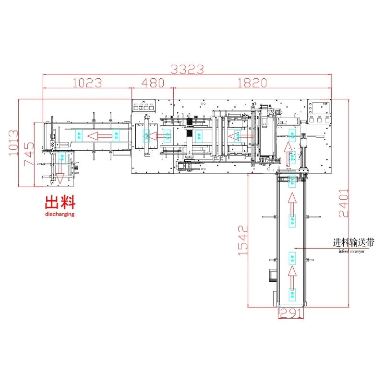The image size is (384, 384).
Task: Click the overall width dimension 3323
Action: tap(188, 69)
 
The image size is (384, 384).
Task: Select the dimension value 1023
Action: tap(87, 83)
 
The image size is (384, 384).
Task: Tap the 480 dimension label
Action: tap(152, 83)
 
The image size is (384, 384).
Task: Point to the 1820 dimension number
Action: tap(252, 83)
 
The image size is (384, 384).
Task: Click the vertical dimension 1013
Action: tap(13, 143)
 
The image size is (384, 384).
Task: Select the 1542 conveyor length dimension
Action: tap(243, 240)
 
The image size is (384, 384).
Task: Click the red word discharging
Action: tap(60, 215)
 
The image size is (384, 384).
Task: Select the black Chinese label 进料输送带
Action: tap(354, 243)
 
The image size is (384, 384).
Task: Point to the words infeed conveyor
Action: tap(351, 251)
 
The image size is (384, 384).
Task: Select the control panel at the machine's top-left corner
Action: tap(144, 106)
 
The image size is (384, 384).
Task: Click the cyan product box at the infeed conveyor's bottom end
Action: tap(291, 294)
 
